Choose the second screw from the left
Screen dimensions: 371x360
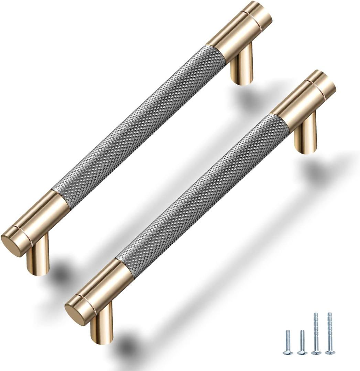point(302,342)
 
